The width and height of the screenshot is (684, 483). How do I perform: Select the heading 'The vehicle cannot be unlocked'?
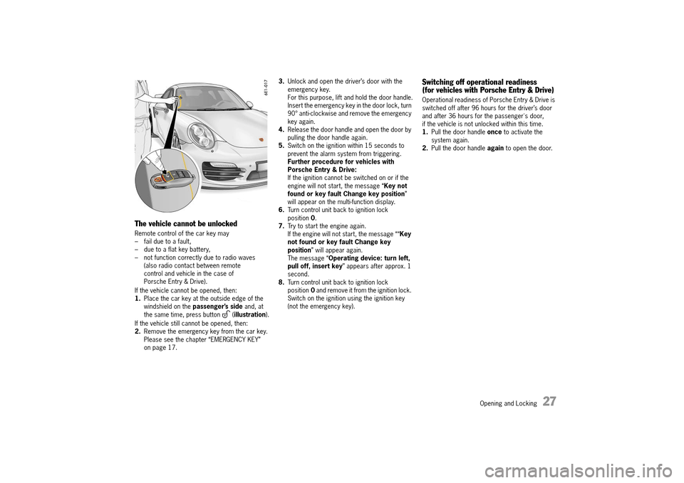(x=185, y=223)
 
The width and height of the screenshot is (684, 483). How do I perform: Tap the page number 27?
(x=549, y=402)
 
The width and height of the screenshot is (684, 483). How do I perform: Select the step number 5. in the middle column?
(x=282, y=146)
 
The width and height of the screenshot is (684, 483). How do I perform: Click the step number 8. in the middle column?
(x=282, y=282)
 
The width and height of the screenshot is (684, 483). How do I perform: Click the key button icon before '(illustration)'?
(x=225, y=314)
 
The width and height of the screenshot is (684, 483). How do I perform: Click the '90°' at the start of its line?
(x=293, y=114)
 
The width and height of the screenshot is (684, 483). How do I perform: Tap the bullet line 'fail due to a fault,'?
(x=172, y=242)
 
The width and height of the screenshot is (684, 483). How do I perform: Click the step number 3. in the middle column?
(x=282, y=82)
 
